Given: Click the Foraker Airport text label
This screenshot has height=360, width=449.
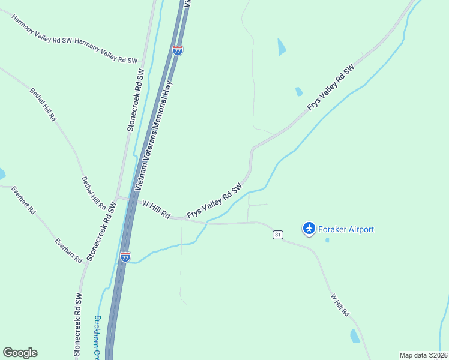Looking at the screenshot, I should coord(347,229).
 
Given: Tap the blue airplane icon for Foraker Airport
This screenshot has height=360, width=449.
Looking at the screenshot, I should coord(309,228).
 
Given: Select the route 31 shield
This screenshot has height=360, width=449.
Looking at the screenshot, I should coord(277,235).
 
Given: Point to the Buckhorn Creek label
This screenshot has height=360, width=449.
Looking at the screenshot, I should coord(97,337).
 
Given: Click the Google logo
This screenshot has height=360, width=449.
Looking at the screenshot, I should coord(20,353).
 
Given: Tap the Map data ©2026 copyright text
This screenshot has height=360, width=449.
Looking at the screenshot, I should coord(424,355).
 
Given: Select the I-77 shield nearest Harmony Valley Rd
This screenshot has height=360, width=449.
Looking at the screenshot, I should coord(177,50).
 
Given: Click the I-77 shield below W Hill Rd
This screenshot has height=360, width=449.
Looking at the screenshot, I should coord(125,256).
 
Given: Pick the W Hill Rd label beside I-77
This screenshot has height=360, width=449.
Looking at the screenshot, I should coord(156,209).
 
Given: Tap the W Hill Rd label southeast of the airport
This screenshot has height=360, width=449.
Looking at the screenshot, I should coord(339,305).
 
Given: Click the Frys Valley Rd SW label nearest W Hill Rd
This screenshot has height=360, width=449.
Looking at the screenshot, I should coord(214,201).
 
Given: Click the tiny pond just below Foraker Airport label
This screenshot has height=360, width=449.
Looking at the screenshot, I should coord(327,241).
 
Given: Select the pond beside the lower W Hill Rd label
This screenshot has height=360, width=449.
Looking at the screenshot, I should coord(355,336).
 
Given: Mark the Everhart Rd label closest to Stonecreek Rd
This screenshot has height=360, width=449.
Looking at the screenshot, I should coord(68,251).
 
